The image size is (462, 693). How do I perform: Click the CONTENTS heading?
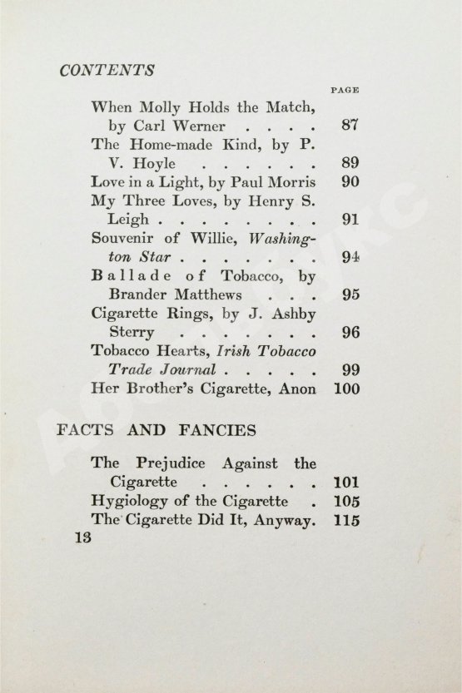107,71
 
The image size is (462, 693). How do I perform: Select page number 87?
350,126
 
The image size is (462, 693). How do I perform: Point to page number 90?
350,182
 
